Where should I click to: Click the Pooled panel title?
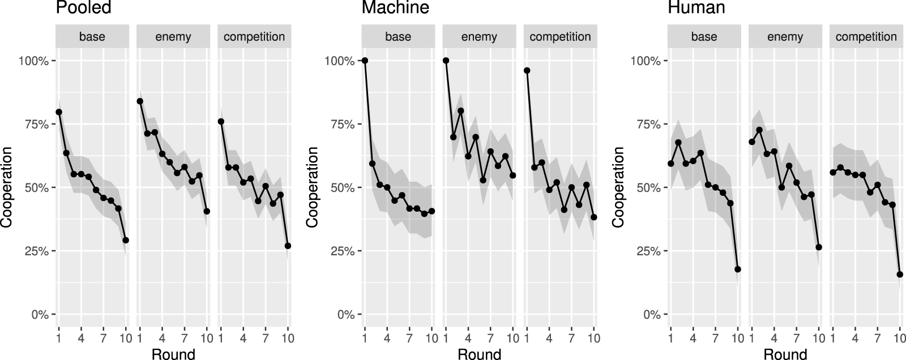83,8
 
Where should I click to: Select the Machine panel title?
395,8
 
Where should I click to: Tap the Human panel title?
696,8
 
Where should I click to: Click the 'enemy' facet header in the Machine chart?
479,37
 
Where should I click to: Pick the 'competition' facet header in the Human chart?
866,37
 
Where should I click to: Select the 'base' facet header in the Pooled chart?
92,37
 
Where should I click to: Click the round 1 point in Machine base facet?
365,61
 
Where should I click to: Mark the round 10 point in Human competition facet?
900,275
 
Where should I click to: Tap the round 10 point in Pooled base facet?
126,240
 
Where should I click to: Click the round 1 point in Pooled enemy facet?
140,101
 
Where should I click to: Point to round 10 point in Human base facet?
738,269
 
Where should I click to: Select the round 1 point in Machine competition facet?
527,71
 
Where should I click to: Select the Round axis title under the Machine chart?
479,354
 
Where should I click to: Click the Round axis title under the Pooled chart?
173,354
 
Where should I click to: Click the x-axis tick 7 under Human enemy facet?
796,338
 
